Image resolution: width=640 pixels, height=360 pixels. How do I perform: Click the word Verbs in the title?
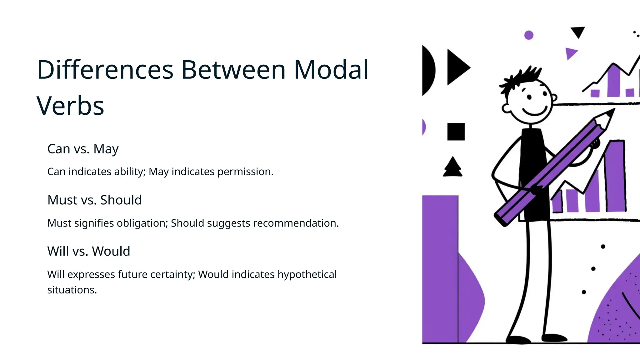(70, 106)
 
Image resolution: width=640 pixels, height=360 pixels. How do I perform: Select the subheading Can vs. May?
(83, 149)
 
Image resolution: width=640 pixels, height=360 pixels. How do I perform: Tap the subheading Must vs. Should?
(94, 200)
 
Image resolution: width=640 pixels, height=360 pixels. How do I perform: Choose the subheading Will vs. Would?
(88, 251)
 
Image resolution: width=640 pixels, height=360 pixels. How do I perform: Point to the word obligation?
(142, 223)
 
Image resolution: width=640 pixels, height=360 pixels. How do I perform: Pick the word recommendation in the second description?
(296, 223)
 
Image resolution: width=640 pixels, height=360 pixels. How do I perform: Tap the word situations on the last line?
(72, 290)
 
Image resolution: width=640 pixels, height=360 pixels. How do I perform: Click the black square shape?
(456, 132)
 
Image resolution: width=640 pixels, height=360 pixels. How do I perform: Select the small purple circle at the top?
(529, 35)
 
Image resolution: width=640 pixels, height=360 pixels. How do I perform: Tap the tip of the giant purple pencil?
(611, 112)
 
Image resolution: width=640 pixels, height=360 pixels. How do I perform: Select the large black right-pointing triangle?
(457, 67)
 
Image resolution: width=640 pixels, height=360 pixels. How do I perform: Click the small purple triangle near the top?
(570, 53)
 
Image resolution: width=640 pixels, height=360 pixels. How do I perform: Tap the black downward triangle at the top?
(578, 32)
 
